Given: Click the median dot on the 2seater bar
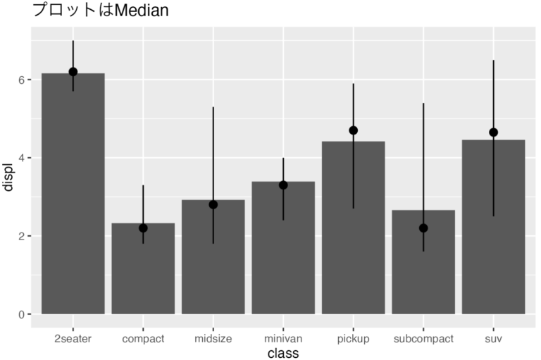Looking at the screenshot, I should coord(73,72).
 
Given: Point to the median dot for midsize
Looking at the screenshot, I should coord(213,204).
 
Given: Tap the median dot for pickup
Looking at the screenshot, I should coord(353,130).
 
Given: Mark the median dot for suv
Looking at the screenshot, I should coord(493,132).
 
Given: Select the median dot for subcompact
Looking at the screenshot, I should coord(423,228).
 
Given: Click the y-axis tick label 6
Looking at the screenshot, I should coord(21,80).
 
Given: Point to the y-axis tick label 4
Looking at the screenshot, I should coord(21,158).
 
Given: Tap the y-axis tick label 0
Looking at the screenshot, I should coord(21,314).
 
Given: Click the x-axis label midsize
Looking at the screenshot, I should coord(213,339).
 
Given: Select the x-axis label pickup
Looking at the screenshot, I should coord(353,339).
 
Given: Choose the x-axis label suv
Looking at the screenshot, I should coord(493,339).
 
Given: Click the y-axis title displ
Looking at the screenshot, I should coord(8,177).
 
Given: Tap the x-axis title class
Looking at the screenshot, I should coord(282,353).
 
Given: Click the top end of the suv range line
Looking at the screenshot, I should coord(493,61).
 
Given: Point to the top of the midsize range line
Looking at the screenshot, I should coord(213,108).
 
